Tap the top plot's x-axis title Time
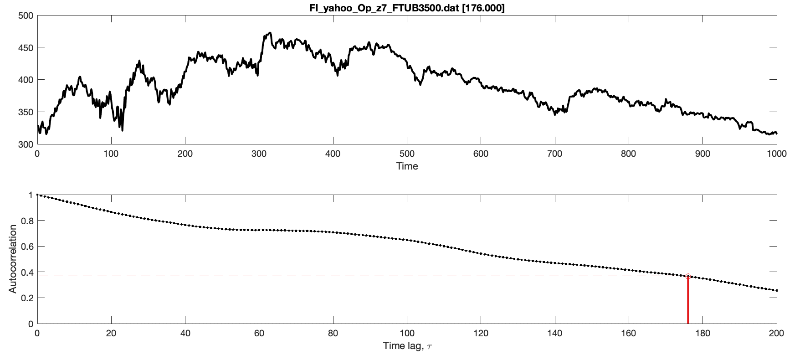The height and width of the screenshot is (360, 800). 407,166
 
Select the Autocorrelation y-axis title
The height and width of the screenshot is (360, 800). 12,259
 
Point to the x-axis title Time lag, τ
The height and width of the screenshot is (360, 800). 407,346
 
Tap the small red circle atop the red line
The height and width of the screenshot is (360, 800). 688,276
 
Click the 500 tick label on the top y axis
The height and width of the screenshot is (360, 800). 26,15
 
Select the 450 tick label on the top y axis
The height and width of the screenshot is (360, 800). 26,47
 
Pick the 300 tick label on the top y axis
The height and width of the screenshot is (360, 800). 26,144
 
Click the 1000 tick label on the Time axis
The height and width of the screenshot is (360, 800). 776,154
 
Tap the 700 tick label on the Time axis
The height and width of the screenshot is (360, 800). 555,154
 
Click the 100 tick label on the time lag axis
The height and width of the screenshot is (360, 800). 407,333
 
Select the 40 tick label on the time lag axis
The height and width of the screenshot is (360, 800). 185,333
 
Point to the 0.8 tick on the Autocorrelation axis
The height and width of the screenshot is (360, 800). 28,221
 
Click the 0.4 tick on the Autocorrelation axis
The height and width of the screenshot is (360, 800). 28,273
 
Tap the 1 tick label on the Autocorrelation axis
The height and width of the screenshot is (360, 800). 31,195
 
